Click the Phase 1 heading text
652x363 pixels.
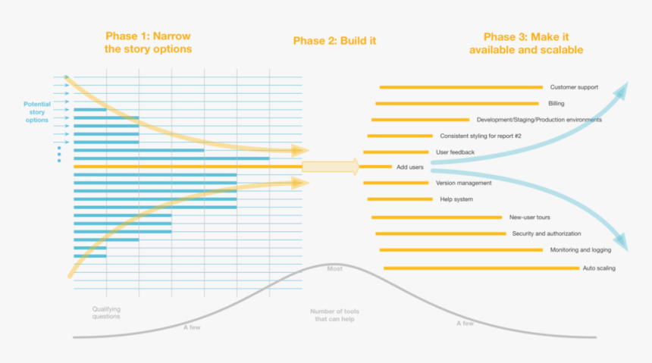[x=148, y=42]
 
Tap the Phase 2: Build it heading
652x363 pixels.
[x=334, y=40]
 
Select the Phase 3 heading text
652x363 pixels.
[x=526, y=42]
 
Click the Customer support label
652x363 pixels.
[x=574, y=87]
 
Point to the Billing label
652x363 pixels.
[x=556, y=104]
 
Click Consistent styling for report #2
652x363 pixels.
[x=480, y=136]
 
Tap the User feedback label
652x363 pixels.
[x=455, y=152]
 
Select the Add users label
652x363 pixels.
[x=410, y=167]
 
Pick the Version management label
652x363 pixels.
[x=464, y=183]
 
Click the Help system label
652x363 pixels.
[x=456, y=199]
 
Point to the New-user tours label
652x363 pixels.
[x=530, y=217]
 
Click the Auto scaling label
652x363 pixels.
[x=599, y=268]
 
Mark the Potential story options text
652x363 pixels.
[x=37, y=111]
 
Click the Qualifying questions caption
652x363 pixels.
[x=106, y=312]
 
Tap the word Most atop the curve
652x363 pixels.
[x=334, y=269]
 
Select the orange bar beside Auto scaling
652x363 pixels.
[x=481, y=268]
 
